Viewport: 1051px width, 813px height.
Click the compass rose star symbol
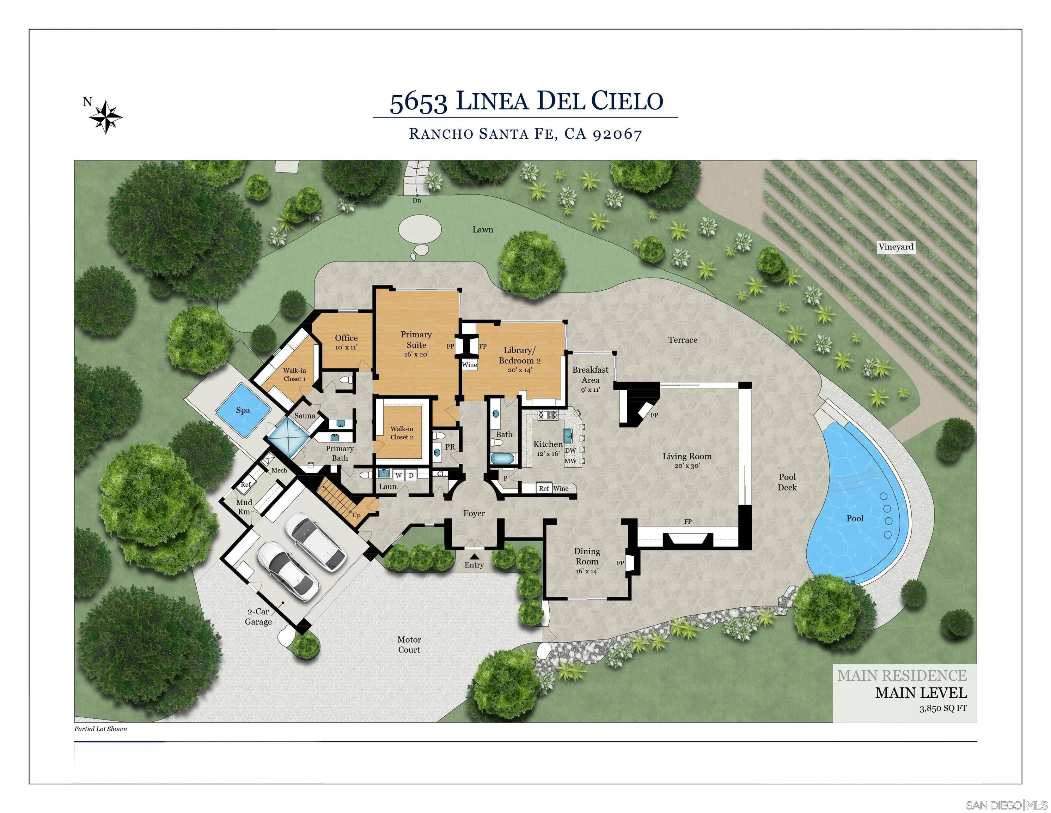pyautogui.click(x=105, y=117)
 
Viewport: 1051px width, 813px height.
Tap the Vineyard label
pyautogui.click(x=896, y=247)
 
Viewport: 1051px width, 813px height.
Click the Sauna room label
pyautogui.click(x=305, y=416)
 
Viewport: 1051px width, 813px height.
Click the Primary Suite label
pyautogui.click(x=416, y=339)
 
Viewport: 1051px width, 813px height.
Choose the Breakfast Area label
pyautogui.click(x=590, y=375)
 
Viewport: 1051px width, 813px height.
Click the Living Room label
pyautogui.click(x=687, y=456)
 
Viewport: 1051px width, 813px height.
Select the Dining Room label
pyautogui.click(x=587, y=556)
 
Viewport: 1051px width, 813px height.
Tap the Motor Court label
pyautogui.click(x=409, y=644)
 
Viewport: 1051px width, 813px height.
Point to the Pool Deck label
pyautogui.click(x=787, y=482)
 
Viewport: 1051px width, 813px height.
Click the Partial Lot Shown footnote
pyautogui.click(x=100, y=729)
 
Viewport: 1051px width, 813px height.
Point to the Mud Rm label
pyautogui.click(x=244, y=507)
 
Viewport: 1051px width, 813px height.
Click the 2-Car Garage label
pyautogui.click(x=258, y=616)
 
